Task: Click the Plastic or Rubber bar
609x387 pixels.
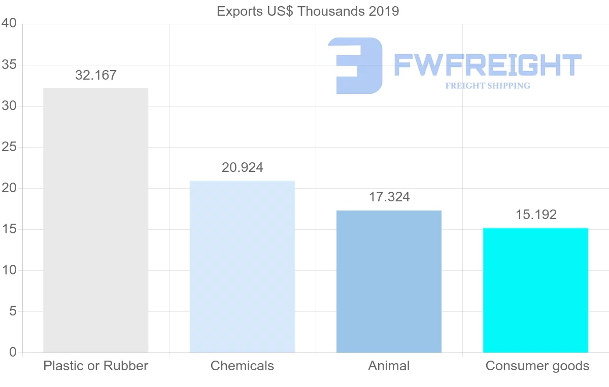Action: (95, 220)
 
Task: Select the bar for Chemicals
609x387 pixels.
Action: (242, 266)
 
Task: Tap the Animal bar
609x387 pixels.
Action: (389, 281)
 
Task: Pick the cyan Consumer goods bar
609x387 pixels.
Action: (535, 290)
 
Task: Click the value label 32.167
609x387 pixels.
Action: (96, 76)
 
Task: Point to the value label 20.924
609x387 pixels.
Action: (243, 168)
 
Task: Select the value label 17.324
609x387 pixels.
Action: (389, 197)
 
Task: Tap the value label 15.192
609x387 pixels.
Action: (536, 215)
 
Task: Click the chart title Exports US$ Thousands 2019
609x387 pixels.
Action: (308, 11)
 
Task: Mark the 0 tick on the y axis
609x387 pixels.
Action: (13, 353)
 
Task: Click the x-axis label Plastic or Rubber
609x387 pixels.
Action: (95, 366)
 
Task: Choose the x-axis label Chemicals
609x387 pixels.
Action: (242, 366)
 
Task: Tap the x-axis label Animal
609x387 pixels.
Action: (389, 366)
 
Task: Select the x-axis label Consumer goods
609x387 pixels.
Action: (537, 366)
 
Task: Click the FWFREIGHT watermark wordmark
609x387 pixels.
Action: (487, 65)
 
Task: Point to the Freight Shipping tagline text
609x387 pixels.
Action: (488, 86)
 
